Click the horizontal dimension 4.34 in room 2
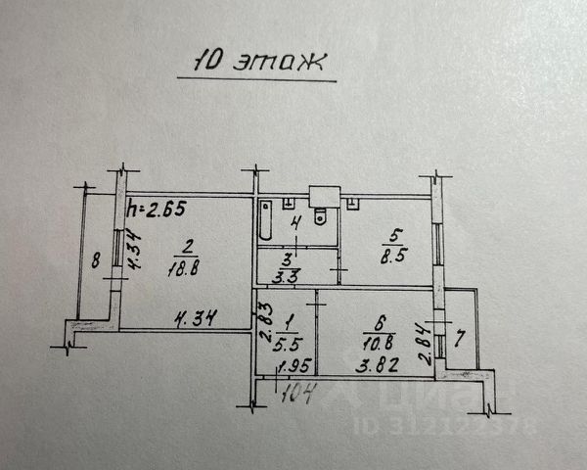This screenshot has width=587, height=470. click(194, 318)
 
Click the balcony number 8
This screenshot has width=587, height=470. click(95, 261)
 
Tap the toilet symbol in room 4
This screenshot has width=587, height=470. click(323, 216)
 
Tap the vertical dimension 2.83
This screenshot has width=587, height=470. click(264, 323)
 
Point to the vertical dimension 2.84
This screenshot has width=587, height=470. click(423, 345)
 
